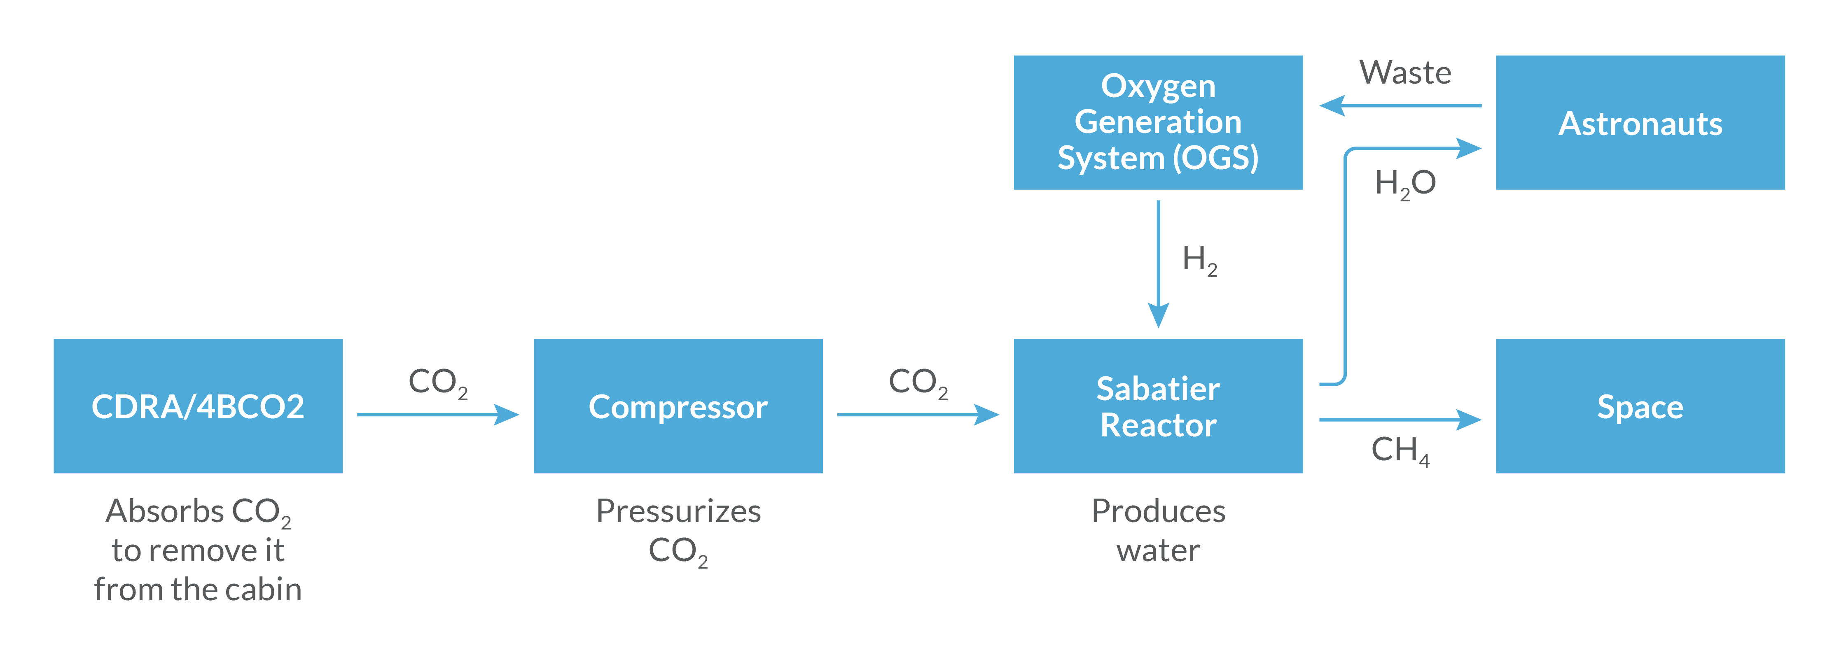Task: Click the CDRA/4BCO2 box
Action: [x=198, y=406]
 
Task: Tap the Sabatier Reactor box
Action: [x=1158, y=406]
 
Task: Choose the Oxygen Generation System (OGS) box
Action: [x=1158, y=122]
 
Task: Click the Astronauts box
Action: [x=1640, y=122]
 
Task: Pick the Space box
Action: [x=1640, y=406]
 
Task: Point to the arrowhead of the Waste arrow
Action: [x=1332, y=105]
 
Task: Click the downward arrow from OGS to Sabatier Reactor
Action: [x=1158, y=264]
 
